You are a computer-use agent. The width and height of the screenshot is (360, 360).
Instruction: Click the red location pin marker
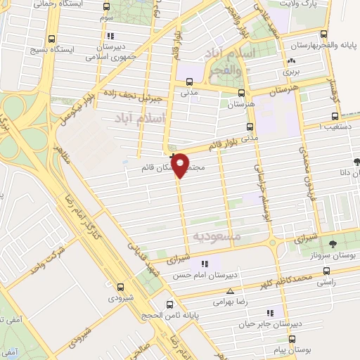pos(181,164)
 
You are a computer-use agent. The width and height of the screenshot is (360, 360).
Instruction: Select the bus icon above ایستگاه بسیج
pos(51,40)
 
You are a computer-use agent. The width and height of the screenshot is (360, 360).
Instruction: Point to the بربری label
pos(291,71)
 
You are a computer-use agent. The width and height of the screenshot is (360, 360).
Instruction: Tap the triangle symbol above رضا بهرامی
pos(230,290)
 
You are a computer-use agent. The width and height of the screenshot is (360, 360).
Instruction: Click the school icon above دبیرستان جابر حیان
pos(269,312)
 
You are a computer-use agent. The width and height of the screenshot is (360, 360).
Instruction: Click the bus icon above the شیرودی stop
pos(121,286)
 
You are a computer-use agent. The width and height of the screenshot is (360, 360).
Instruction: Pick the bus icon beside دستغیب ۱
pos(334,117)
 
